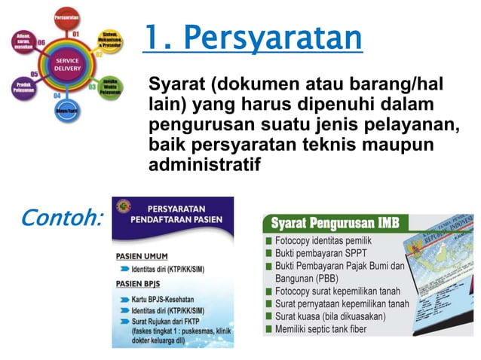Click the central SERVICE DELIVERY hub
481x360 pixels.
pyautogui.click(x=68, y=65)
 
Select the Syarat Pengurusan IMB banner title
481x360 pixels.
pyautogui.click(x=335, y=224)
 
